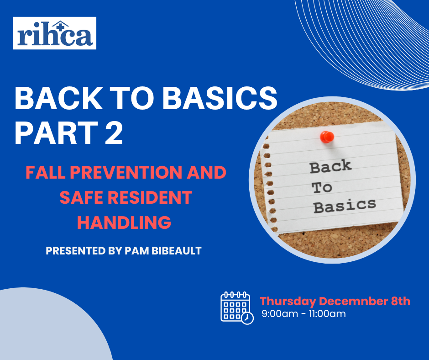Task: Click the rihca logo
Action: (x=54, y=33)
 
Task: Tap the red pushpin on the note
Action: (x=327, y=137)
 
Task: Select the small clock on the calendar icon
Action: (x=247, y=318)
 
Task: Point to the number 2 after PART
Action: (x=114, y=132)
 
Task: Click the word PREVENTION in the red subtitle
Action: (x=126, y=172)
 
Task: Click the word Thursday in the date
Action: (x=288, y=302)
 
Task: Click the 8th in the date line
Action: (x=401, y=301)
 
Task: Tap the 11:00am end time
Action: (x=327, y=314)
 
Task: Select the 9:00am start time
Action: (x=280, y=314)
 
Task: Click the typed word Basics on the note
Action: (x=345, y=206)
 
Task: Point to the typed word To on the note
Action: (x=322, y=188)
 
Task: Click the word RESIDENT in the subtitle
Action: (x=150, y=197)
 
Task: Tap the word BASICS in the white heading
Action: (x=220, y=98)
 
